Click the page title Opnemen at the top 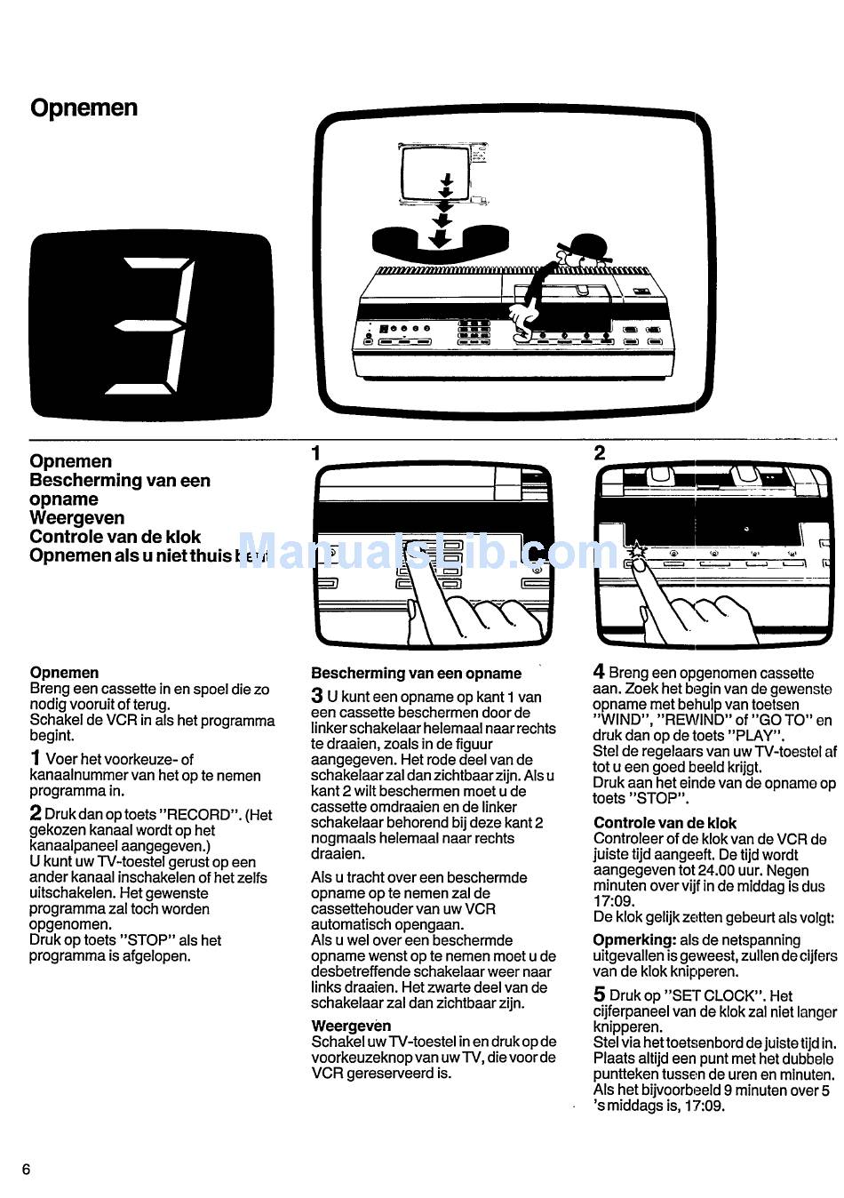tap(84, 108)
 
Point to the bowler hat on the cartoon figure tap(586, 246)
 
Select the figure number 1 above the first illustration tap(315, 453)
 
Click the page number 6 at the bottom tap(26, 1170)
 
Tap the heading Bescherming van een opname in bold tap(416, 674)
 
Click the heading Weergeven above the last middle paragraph tap(351, 1026)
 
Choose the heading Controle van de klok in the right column tap(665, 823)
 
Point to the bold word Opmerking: tap(634, 940)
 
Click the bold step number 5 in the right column tap(599, 995)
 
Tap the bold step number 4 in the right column tap(599, 673)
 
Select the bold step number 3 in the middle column tap(317, 697)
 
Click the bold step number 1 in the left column tap(35, 759)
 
